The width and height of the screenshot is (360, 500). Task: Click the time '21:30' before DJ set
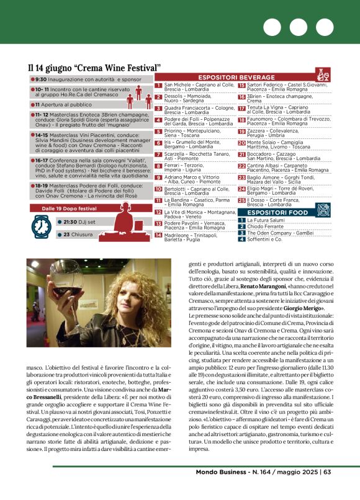pyautogui.click(x=70, y=221)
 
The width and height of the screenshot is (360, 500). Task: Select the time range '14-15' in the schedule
pyautogui.click(x=42, y=135)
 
